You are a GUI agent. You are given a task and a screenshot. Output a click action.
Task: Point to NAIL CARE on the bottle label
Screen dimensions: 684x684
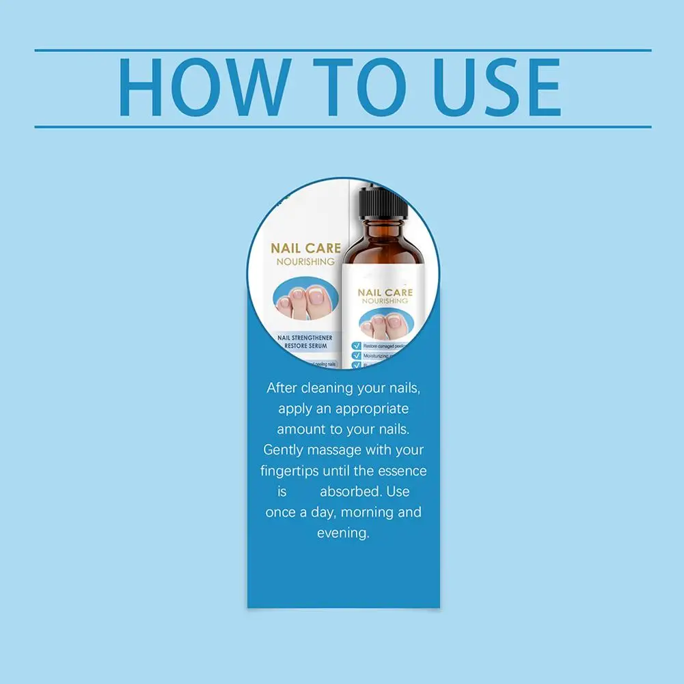tap(385, 292)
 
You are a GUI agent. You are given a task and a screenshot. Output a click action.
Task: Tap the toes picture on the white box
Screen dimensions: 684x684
tap(305, 300)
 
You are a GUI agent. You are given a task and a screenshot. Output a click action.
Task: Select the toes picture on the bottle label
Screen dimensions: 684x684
tap(385, 324)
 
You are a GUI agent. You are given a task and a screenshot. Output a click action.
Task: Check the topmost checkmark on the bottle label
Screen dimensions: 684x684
tap(356, 346)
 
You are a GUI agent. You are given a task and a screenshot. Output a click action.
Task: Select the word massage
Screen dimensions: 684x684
tap(340, 450)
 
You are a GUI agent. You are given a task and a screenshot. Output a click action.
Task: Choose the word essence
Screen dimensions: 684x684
tap(402, 471)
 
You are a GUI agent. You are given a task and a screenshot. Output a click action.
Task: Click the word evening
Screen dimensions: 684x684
tap(343, 532)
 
